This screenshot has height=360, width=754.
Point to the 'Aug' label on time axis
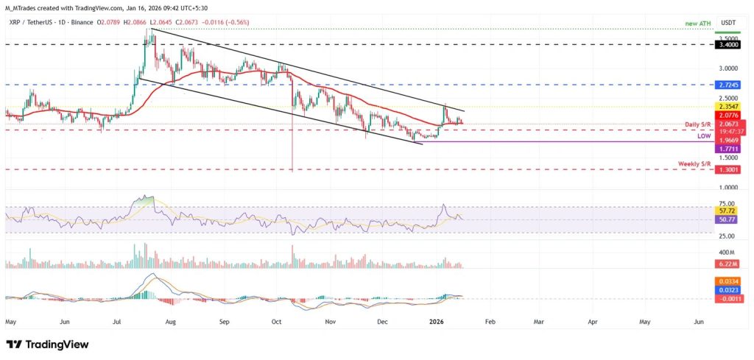(170, 322)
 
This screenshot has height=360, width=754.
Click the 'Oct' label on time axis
(277, 322)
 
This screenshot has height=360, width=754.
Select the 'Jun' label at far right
(699, 322)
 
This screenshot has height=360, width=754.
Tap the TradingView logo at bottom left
(47, 345)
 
